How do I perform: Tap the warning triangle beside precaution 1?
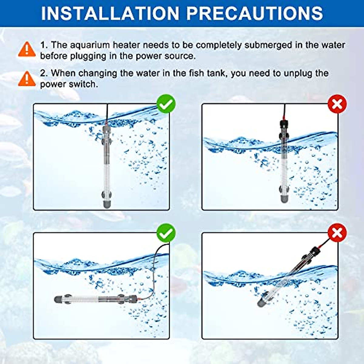coord(27,49)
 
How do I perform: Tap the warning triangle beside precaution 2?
coord(27,79)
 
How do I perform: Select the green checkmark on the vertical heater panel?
coord(166,104)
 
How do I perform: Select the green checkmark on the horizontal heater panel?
coord(166,233)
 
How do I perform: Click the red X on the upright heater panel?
coord(337,104)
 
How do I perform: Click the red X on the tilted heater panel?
coord(337,233)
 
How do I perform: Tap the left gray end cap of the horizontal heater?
coord(58,300)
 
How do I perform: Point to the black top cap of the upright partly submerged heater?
coord(284,124)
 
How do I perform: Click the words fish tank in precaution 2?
coord(205,73)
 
